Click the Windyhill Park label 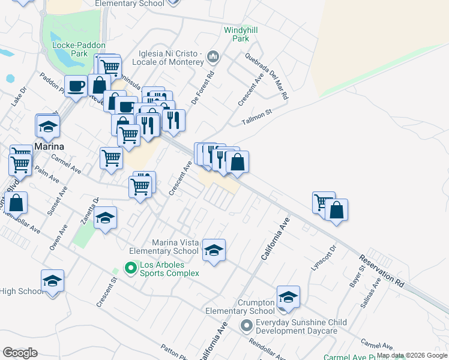coord(236,34)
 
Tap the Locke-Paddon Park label coord(79,49)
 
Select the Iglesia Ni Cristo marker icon coord(212,58)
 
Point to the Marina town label coord(49,146)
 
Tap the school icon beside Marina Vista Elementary coord(214,250)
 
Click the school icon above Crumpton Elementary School coord(288,297)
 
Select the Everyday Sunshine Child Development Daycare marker coord(246,326)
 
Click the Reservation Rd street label coord(381,270)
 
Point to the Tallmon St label coord(257,116)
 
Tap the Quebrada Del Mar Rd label coord(267,76)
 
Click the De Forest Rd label coord(203,89)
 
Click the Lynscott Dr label coord(329,257)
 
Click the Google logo coord(20,352)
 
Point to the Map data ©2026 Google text coord(412,355)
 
